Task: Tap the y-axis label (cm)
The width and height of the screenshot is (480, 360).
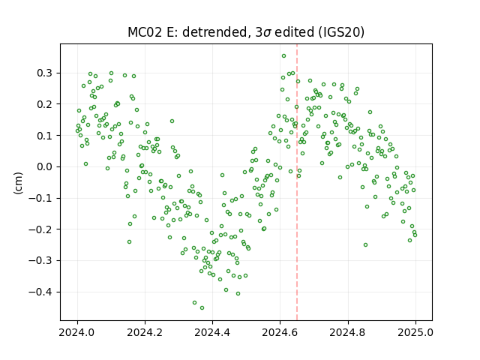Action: point(18,183)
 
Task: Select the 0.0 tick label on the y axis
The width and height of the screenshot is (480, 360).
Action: point(44,166)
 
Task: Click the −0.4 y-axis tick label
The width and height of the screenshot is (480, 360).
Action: point(40,292)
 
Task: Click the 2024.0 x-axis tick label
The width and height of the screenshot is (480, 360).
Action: point(77,332)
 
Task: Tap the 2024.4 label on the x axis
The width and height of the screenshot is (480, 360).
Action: point(212,332)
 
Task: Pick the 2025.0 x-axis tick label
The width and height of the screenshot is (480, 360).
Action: point(415,332)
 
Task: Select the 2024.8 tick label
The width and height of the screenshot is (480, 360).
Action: point(348,332)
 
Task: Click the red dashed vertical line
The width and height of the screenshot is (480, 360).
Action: point(297,182)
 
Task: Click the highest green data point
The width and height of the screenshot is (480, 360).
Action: point(283,56)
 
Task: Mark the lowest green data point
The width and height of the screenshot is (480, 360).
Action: point(202,308)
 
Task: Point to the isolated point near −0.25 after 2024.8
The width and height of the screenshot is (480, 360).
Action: point(365,245)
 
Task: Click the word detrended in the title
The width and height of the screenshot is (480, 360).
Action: point(215,32)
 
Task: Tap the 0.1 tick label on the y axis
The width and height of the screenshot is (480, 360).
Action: point(44,136)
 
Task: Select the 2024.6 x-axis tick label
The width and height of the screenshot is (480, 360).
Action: point(280,332)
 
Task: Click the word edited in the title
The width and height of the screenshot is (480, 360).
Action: point(295,32)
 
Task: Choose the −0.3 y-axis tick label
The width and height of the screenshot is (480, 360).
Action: point(40,261)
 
